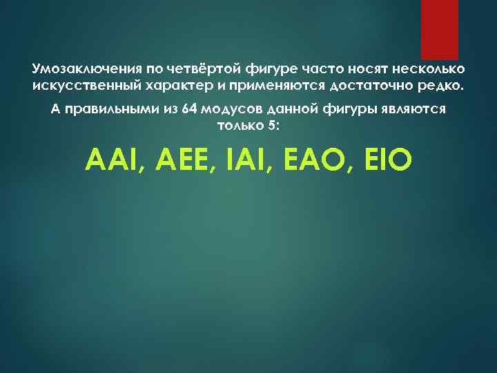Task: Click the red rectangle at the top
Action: point(440,29)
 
